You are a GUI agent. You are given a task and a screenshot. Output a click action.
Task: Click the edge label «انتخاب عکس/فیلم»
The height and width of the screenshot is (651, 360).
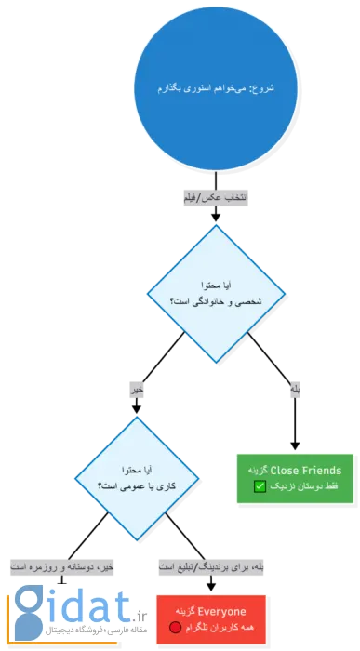(x=215, y=198)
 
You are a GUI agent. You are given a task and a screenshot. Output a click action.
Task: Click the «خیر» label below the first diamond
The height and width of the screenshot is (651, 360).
(x=138, y=392)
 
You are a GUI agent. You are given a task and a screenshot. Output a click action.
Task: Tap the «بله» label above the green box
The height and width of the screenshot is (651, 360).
(x=295, y=392)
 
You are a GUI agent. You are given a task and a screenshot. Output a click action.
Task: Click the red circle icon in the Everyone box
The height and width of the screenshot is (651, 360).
(x=175, y=629)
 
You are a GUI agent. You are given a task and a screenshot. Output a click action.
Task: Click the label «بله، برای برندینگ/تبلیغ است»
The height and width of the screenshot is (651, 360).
(x=215, y=565)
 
